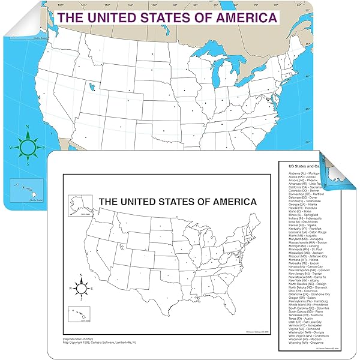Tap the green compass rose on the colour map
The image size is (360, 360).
(x=28, y=145)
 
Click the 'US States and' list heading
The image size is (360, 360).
(x=304, y=165)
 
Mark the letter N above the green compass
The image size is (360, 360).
(x=28, y=127)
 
